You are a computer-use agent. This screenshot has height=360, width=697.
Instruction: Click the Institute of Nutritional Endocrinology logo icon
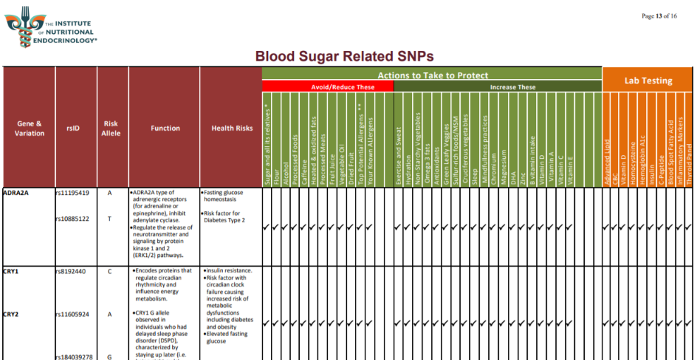[19, 27]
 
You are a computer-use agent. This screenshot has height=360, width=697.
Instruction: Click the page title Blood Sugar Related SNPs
[344, 56]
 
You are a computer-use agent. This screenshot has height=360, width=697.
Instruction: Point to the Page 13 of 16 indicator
[659, 16]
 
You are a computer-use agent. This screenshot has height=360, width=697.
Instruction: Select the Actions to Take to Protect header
[432, 76]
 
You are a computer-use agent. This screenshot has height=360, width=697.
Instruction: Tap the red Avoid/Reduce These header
[328, 87]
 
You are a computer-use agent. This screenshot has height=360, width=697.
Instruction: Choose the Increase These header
[512, 87]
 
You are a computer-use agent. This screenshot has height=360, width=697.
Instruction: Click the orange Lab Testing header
[648, 81]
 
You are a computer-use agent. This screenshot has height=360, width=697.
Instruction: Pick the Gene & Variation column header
[29, 128]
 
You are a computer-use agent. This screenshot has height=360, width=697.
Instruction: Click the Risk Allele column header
[111, 128]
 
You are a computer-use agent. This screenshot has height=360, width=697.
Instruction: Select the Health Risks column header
[231, 128]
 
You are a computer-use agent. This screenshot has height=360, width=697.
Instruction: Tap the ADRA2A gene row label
[16, 193]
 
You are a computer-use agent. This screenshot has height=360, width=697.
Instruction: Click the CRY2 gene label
[11, 314]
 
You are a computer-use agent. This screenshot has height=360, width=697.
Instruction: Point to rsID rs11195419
[72, 193]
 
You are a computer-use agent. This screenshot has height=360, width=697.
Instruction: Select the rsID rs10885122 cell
[72, 219]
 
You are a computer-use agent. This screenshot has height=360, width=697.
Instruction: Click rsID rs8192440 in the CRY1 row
[71, 271]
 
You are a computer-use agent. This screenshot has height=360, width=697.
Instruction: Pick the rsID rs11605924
[72, 314]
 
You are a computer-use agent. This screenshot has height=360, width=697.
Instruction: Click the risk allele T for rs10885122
[109, 219]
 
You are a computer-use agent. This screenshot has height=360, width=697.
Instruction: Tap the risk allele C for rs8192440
[109, 271]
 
